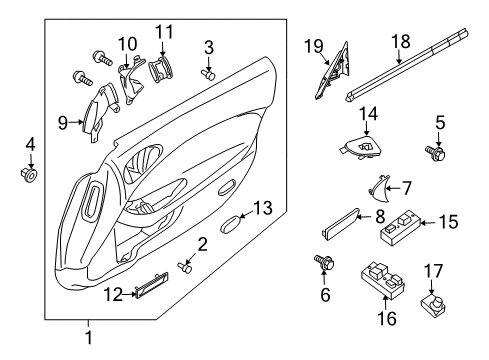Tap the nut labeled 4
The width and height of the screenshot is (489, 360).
pyautogui.click(x=30, y=176)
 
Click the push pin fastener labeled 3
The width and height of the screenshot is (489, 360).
pyautogui.click(x=207, y=72)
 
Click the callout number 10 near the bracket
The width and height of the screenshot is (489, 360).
pyautogui.click(x=126, y=43)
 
